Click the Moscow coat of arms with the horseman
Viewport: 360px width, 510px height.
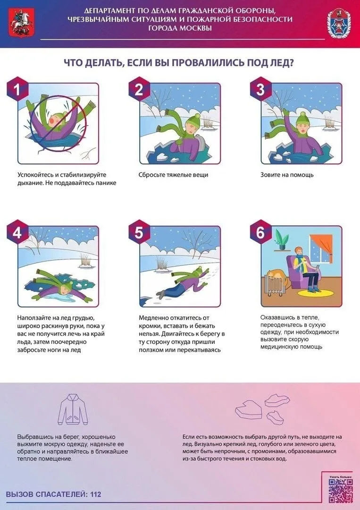pos(19,23)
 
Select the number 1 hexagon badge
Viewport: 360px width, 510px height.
pos(17,89)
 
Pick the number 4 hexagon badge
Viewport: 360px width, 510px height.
pos(17,232)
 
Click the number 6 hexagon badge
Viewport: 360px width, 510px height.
pos(260,232)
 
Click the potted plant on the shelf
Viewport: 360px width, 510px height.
pos(281,240)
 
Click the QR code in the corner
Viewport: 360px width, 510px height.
pos(340,491)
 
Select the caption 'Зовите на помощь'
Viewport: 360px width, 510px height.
pos(287,175)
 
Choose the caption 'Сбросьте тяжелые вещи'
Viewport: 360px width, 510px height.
pos(173,175)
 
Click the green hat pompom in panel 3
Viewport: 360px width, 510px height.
pos(302,115)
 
